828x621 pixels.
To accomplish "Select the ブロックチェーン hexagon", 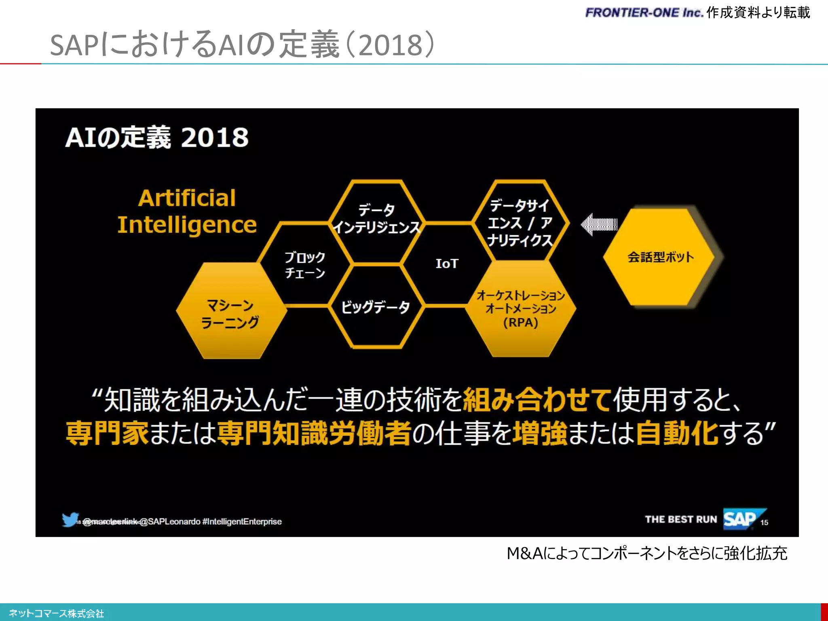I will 305,265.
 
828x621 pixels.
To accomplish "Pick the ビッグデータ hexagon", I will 376,307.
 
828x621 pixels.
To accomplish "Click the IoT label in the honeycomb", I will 447,264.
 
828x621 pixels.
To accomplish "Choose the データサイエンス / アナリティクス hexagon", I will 520,222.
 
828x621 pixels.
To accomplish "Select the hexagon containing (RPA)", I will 521,309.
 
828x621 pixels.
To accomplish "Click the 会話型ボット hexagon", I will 660,257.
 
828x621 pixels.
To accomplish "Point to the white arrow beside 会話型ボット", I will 599,224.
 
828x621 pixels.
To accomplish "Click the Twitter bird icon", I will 70,520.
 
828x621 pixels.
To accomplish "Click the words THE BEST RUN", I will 681,520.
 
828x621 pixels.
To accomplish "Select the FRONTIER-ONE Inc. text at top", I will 644,13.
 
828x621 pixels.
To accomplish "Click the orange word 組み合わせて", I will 537,399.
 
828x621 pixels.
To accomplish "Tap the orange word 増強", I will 540,433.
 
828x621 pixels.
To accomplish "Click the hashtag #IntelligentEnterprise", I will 242,522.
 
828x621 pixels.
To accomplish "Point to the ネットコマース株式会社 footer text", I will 57,614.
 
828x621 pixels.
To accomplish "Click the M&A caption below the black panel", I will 647,553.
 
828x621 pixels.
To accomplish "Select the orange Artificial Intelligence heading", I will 187,211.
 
